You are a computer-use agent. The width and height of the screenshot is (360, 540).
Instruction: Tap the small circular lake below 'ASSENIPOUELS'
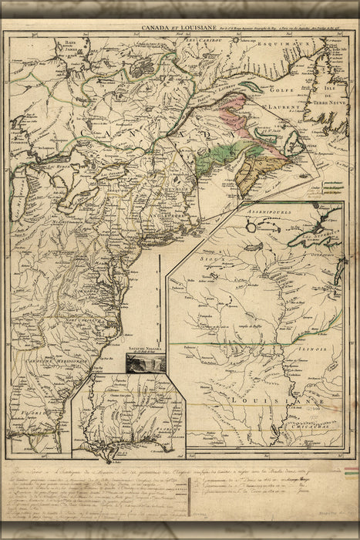(252, 227)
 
